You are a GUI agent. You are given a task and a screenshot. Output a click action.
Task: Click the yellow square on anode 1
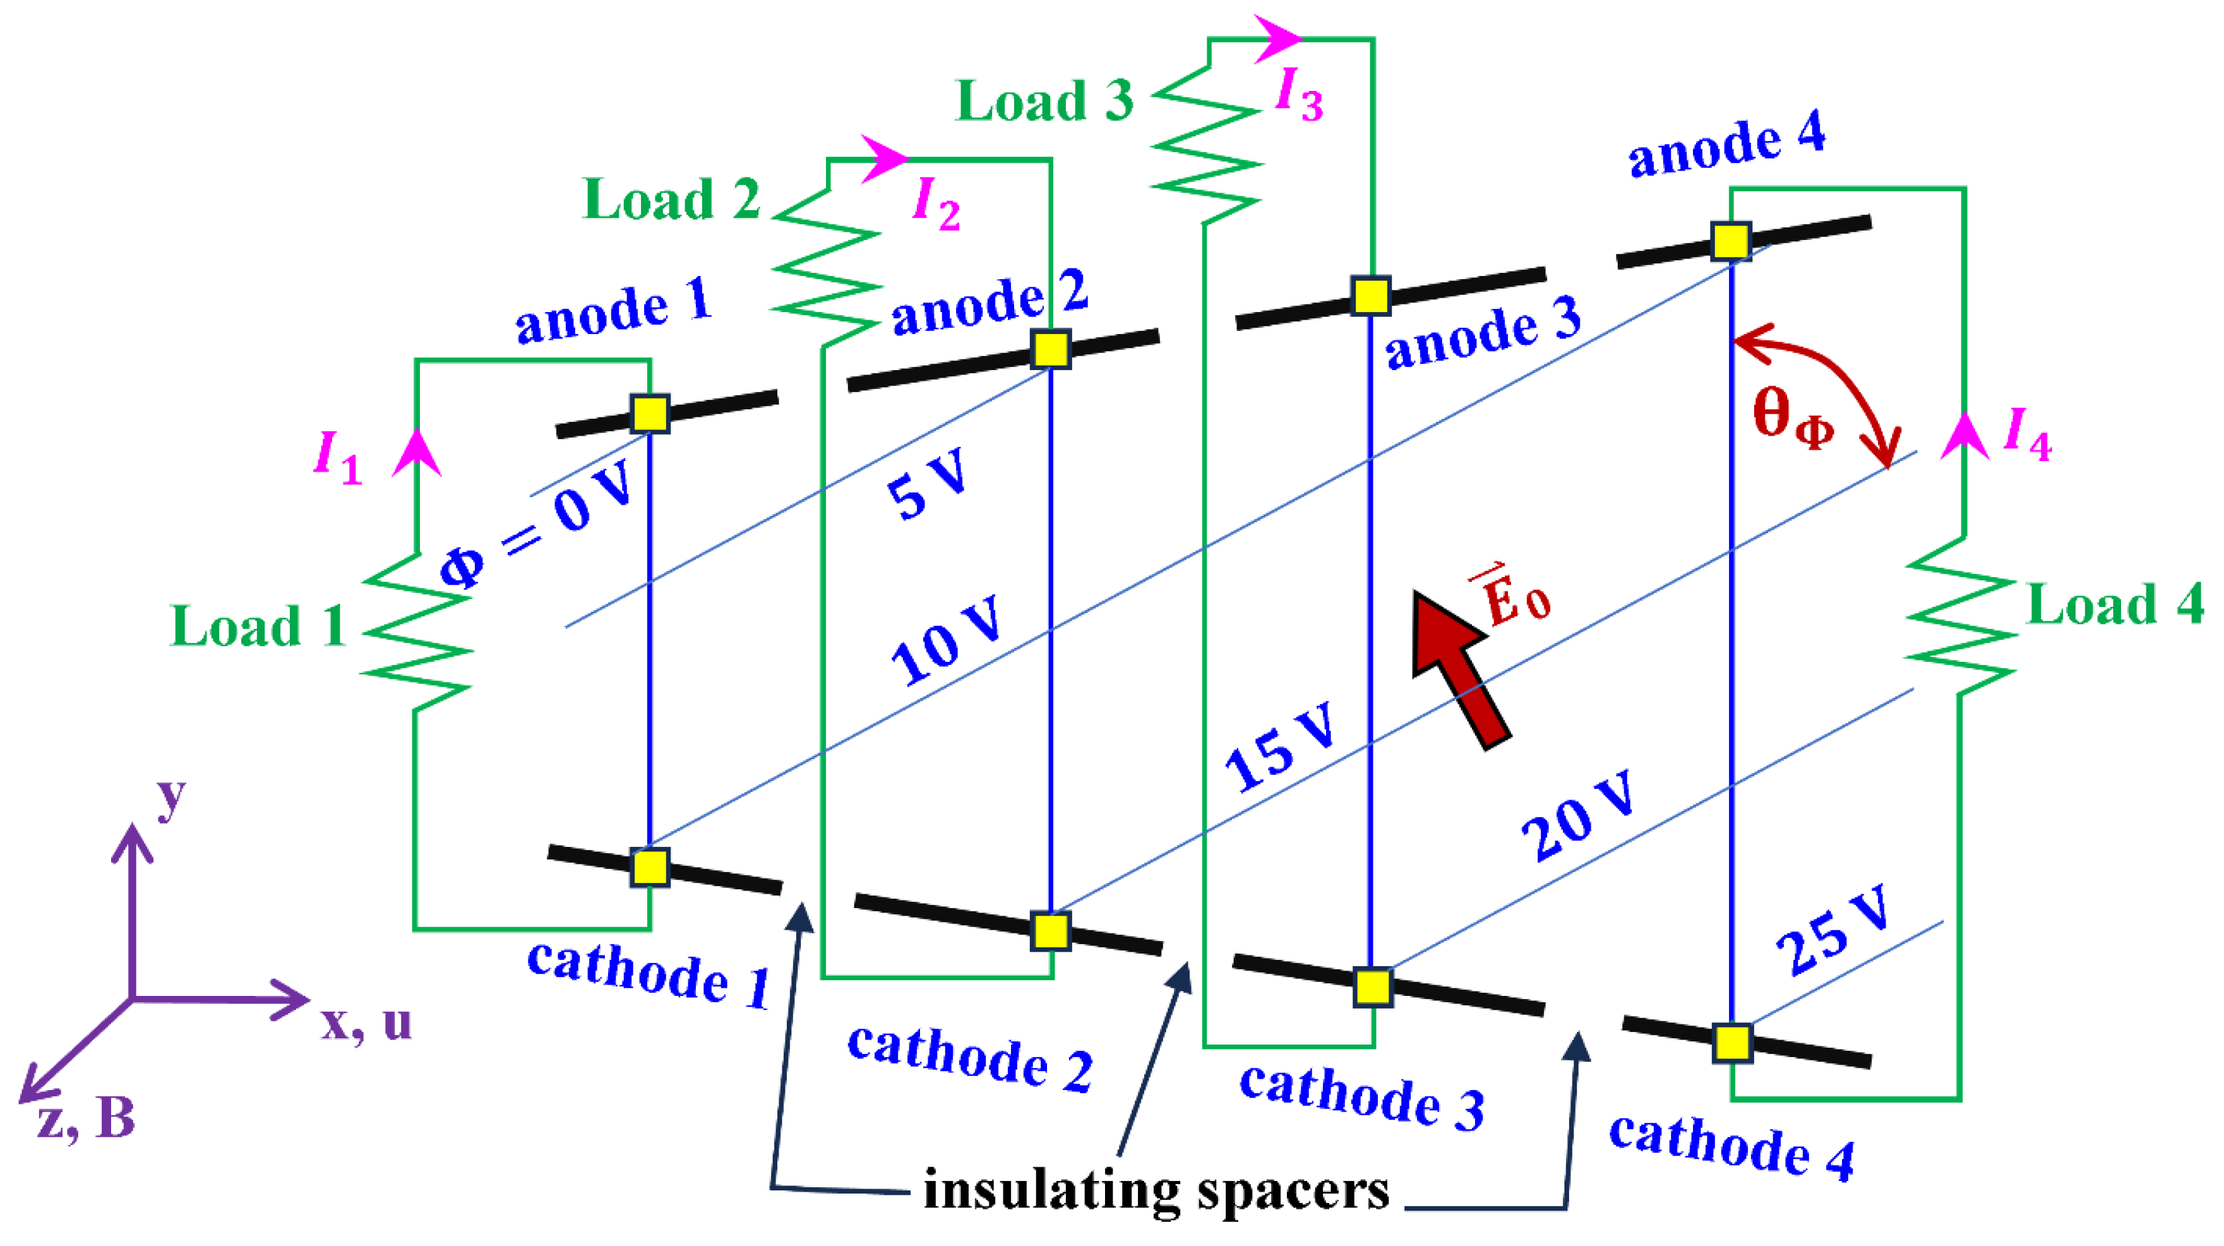[x=649, y=414]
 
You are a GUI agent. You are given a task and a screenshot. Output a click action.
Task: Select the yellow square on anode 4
[x=1731, y=241]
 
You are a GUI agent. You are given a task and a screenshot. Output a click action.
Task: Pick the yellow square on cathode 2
[x=1051, y=931]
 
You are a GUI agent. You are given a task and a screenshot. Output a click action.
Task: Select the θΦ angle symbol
[x=1792, y=419]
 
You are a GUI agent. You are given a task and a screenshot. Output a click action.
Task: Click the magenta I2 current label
[x=936, y=204]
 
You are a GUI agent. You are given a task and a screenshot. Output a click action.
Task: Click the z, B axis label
[x=87, y=1119]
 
